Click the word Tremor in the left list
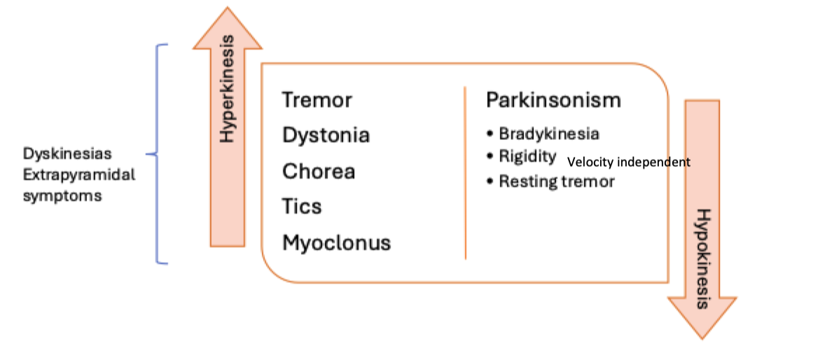click(317, 100)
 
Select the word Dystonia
click(326, 135)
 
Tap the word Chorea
click(318, 171)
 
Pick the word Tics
click(302, 207)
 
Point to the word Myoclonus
click(336, 243)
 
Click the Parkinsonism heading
click(553, 100)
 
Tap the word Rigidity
click(527, 156)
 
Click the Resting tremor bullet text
click(556, 181)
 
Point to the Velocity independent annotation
click(628, 162)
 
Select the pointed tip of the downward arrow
click(702, 338)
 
